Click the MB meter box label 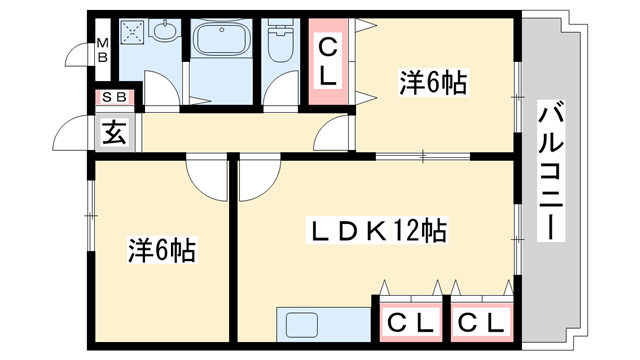coord(101,49)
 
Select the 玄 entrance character coord(113,132)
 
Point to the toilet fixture coord(278,42)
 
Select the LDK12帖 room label coord(376,231)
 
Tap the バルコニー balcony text coord(548,171)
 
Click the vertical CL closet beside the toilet coord(327,59)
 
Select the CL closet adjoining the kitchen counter coord(410,322)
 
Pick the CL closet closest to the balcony coord(480,322)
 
